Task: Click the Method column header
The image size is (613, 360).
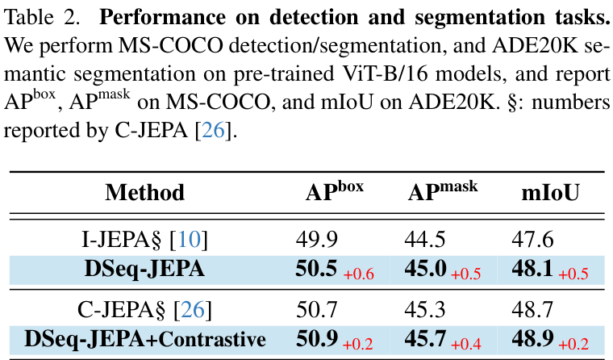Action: pos(145,192)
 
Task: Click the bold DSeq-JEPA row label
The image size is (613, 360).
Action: pos(145,270)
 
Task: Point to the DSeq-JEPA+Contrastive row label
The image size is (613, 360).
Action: pos(145,340)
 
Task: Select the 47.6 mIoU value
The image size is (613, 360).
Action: pos(532,239)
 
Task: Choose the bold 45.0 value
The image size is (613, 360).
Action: pos(424,270)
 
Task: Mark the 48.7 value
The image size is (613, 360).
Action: pos(532,309)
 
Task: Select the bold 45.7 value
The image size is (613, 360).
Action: pos(424,340)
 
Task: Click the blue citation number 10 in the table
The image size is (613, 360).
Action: pos(190,239)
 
